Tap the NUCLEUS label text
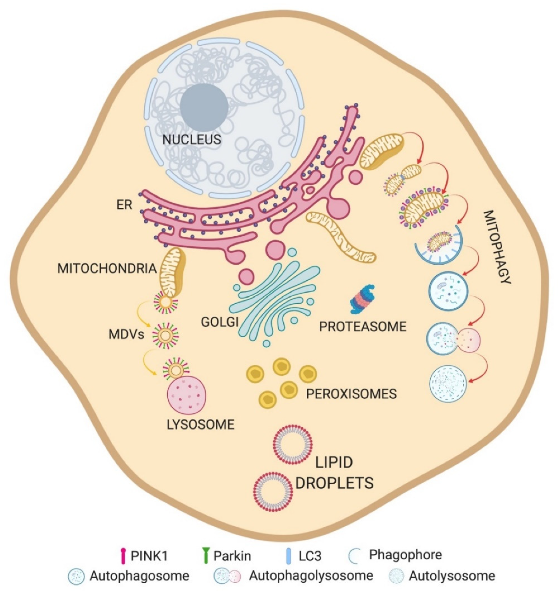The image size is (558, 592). pos(192,140)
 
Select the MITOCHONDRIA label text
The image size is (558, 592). pos(107,269)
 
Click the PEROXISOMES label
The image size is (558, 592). pos(351,394)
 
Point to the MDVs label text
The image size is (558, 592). pos(126,335)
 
